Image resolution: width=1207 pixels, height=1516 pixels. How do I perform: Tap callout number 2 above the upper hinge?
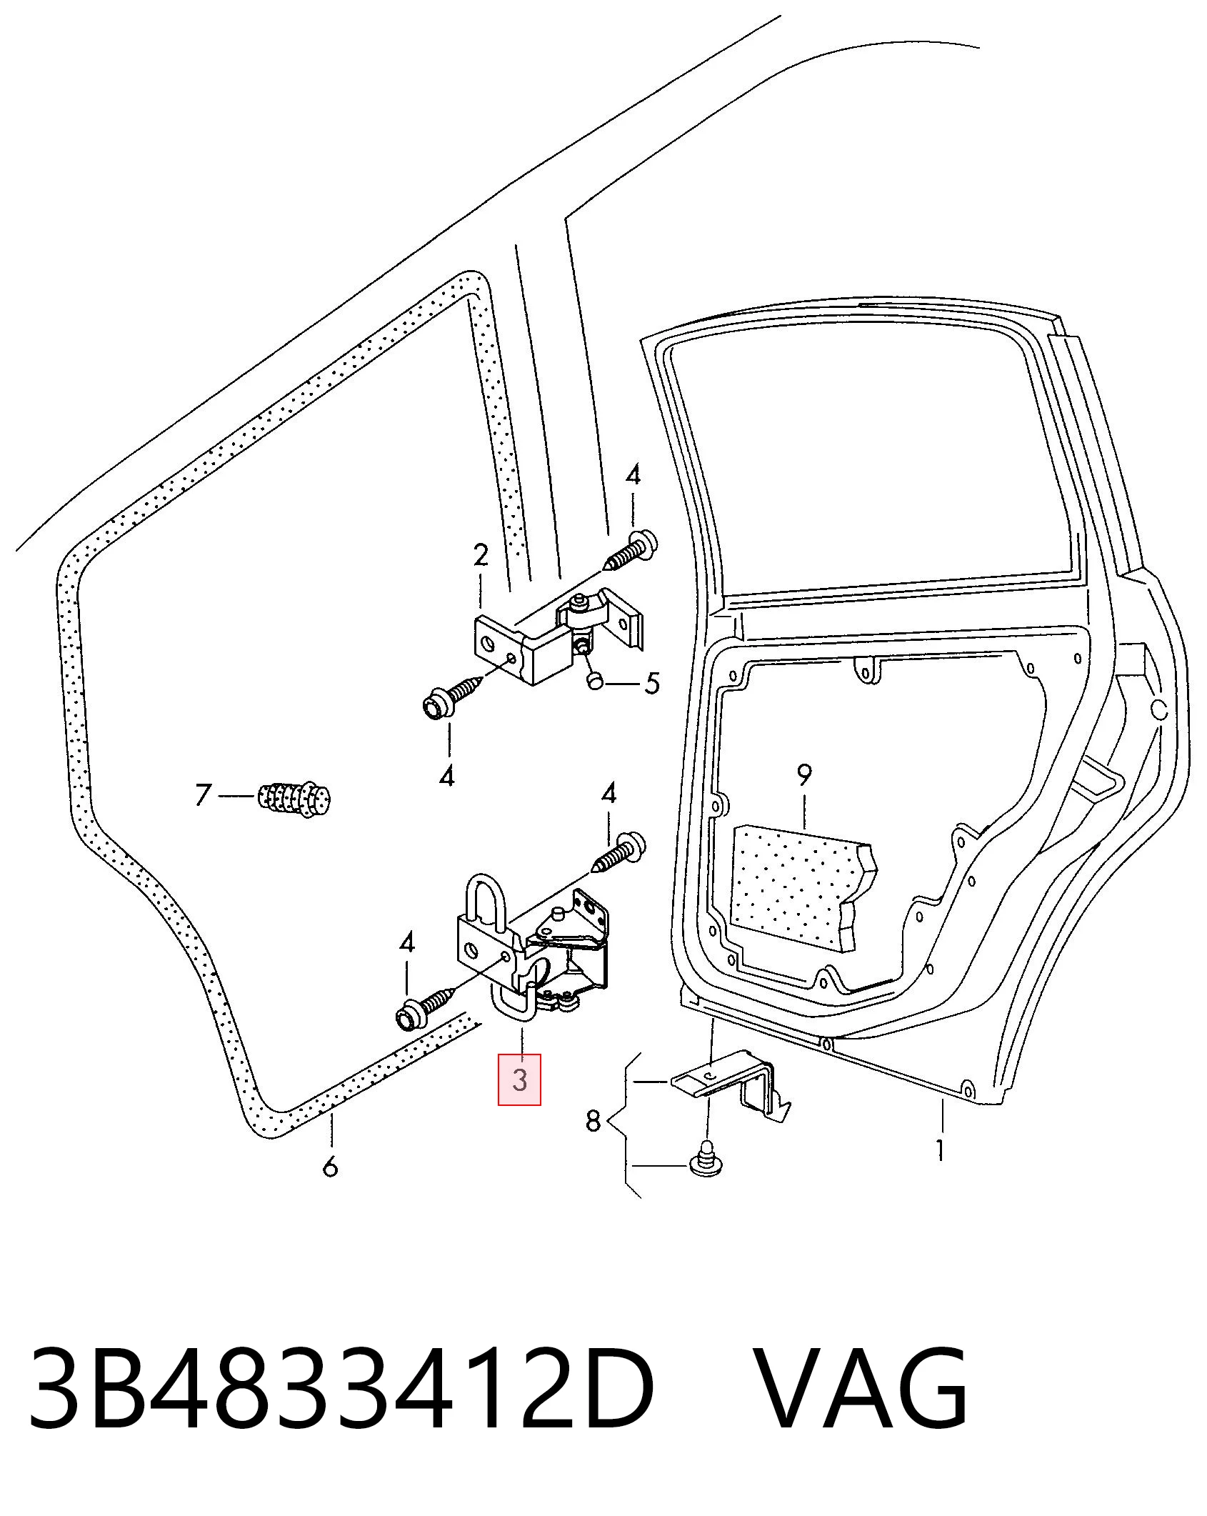[481, 555]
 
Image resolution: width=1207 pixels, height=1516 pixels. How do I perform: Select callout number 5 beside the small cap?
[651, 684]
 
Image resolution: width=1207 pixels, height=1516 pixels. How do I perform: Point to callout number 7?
[204, 794]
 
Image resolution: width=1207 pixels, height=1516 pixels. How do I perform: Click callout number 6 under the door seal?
[330, 1167]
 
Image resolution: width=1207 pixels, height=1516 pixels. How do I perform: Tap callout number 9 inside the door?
[804, 775]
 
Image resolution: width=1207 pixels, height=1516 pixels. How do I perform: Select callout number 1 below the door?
[941, 1150]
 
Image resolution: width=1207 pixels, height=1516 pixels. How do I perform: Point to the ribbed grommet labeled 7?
[296, 799]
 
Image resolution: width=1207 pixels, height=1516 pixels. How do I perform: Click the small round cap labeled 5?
[595, 681]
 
